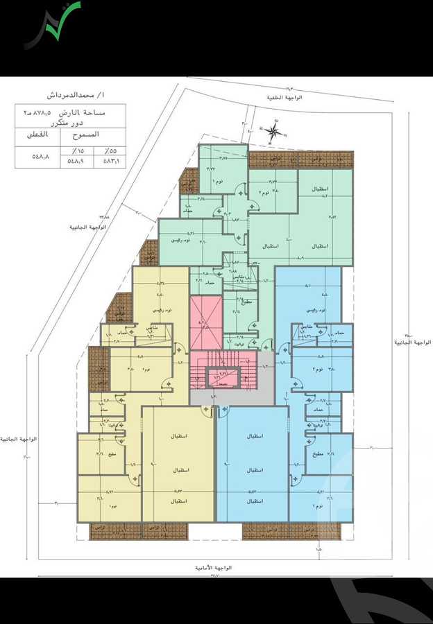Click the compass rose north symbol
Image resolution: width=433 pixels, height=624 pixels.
[275, 130]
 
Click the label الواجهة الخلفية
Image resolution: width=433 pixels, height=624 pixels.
[287, 98]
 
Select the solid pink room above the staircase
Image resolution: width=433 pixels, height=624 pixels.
[206, 322]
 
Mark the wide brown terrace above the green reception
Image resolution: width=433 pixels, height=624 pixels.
[300, 159]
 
